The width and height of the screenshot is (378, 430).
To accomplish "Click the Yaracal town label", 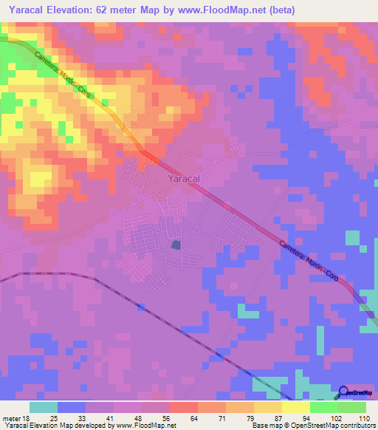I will (x=184, y=179).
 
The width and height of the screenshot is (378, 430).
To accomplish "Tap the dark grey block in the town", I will (x=176, y=245).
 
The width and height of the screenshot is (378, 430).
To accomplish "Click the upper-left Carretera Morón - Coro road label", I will (x=66, y=74).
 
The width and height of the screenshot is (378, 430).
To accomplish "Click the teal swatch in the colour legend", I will (x=44, y=408).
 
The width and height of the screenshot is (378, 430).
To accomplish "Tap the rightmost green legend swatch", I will (x=352, y=408).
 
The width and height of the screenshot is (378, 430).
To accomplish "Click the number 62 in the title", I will (x=120, y=10).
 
